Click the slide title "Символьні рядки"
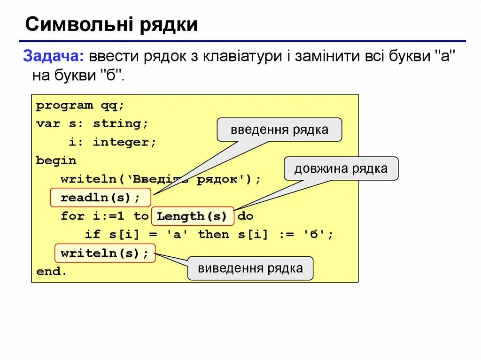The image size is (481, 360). click(x=111, y=24)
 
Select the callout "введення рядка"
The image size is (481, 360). click(x=279, y=130)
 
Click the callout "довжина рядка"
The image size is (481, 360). click(x=341, y=169)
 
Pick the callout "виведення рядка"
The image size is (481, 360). click(x=250, y=268)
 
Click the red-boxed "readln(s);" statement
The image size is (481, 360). click(x=100, y=198)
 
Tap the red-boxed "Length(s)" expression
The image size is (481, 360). click(x=192, y=216)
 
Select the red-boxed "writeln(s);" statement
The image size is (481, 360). click(x=104, y=253)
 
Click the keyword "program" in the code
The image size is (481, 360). click(x=64, y=105)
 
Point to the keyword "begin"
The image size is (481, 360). click(x=56, y=161)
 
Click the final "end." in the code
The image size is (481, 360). click(x=51, y=272)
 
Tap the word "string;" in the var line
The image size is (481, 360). click(x=120, y=124)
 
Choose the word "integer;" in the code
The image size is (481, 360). click(x=124, y=142)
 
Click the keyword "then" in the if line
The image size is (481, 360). click(x=214, y=235)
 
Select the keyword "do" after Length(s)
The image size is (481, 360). click(x=245, y=216)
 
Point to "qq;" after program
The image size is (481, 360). click(x=112, y=105)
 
